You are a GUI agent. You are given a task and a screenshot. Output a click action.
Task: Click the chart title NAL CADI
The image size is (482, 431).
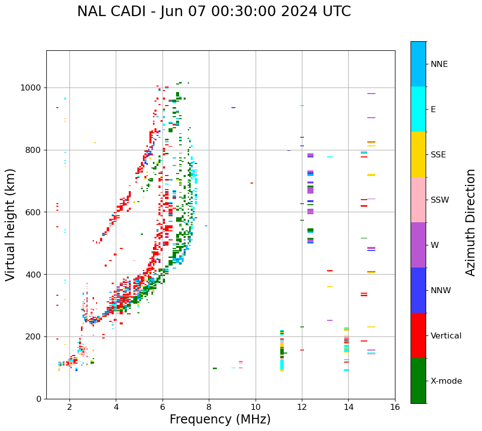pos(214,12)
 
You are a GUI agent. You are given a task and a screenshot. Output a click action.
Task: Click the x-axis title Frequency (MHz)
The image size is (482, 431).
pos(220,419)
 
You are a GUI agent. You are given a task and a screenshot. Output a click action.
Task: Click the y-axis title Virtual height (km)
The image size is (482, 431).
pos(11,225)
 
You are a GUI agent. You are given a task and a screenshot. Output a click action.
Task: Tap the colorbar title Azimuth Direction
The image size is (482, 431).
pos(470,222)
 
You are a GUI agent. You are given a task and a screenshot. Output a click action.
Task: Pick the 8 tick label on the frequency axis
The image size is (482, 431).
pos(209,407)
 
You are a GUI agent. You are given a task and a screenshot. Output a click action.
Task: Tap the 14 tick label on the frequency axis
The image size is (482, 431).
pos(348,407)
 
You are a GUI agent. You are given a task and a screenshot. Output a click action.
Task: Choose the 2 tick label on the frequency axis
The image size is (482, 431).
pos(69,407)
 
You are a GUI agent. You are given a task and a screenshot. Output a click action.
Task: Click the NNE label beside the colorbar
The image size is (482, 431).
pos(439,64)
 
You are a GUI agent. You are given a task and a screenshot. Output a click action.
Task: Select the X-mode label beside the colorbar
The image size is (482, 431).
pos(446,381)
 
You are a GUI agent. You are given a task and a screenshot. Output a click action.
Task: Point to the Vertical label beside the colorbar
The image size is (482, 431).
pos(446,336)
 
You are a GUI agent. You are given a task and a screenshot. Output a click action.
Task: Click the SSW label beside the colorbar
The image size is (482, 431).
pos(440,200)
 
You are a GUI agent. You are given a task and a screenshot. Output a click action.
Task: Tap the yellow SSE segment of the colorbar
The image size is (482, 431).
pos(418,154)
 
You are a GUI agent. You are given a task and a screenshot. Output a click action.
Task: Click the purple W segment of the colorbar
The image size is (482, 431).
pos(418,245)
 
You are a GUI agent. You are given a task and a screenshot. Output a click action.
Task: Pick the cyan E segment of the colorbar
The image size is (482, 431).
pos(418,109)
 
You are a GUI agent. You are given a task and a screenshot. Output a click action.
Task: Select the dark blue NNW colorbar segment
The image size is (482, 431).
pos(418,290)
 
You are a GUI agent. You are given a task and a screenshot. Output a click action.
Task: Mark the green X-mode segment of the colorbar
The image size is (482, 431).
pos(418,381)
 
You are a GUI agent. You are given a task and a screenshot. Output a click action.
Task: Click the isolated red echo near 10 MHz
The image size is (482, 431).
pos(252,183)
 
